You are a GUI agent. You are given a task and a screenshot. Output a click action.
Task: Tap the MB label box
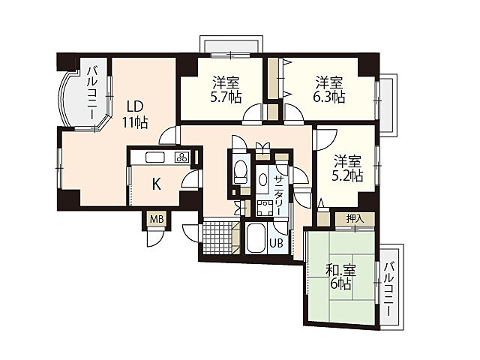[156, 219]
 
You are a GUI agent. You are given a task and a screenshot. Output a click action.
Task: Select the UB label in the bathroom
[277, 243]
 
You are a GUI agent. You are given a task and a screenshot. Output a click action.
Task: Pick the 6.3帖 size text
[329, 96]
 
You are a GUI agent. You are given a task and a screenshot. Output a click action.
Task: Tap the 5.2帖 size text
[347, 176]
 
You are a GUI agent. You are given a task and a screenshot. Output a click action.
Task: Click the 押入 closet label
[355, 218]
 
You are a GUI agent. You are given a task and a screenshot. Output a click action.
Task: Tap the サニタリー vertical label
[278, 193]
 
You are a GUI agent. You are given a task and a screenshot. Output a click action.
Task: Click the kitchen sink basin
[154, 157]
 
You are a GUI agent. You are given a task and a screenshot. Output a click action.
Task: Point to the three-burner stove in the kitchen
[181, 157]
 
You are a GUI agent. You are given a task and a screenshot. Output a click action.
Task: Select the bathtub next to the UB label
[255, 240]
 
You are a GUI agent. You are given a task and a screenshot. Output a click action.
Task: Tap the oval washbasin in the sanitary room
[263, 181]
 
